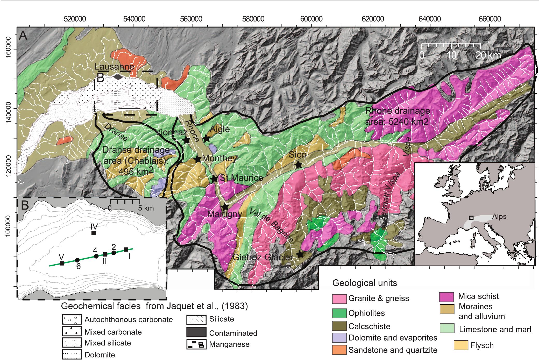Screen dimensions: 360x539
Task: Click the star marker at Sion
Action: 299,164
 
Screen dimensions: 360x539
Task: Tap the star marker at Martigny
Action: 225,207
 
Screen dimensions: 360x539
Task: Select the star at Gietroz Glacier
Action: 300,254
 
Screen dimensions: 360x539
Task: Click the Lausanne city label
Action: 114,67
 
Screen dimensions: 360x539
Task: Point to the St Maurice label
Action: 241,178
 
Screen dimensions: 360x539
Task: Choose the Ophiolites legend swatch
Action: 339,313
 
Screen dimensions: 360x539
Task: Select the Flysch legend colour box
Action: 461,345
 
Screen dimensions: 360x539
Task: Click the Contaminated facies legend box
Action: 196,333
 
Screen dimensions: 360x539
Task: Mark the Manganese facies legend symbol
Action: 196,344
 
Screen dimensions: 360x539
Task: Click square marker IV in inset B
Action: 94,233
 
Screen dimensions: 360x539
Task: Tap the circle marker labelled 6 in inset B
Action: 77,260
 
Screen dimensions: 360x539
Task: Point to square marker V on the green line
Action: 62,263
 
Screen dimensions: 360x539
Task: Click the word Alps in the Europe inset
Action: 499,217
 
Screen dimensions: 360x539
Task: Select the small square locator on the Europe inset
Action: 471,218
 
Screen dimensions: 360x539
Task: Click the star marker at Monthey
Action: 198,159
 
